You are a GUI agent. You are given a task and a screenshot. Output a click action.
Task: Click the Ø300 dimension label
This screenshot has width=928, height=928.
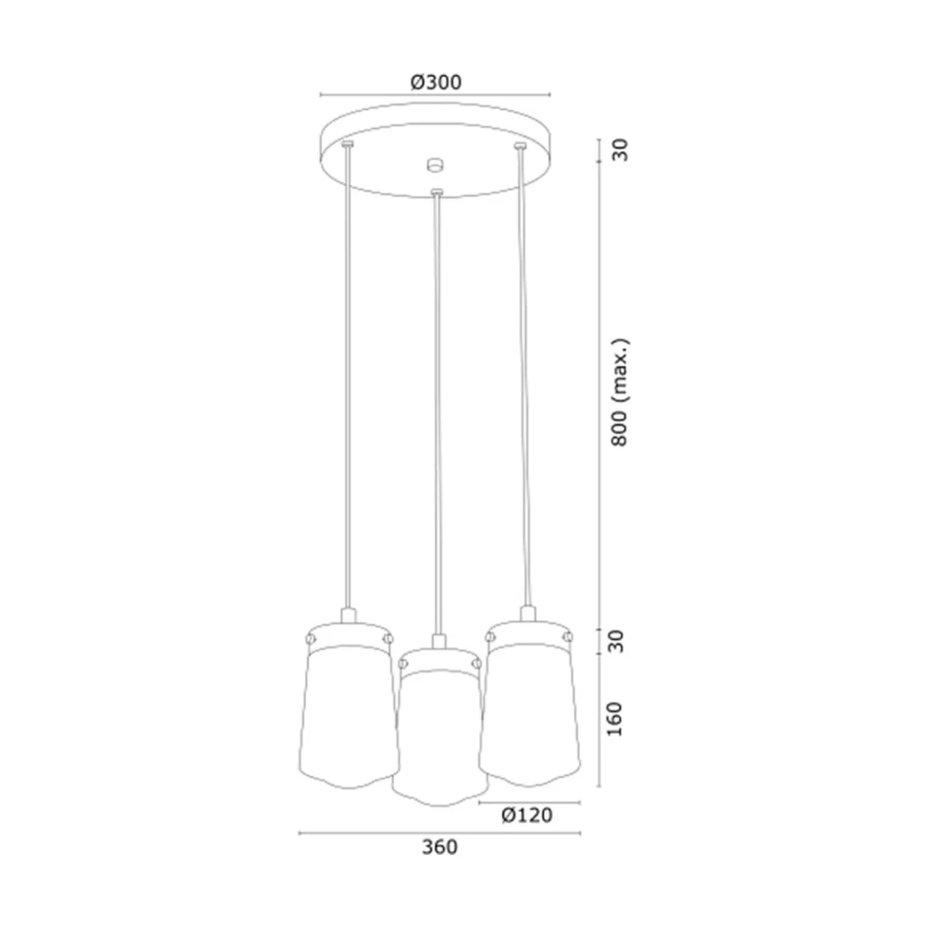[x=436, y=82]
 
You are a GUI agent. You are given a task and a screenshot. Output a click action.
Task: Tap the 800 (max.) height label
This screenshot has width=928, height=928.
[x=620, y=393]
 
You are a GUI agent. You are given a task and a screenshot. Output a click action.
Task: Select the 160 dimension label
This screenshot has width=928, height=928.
[x=615, y=719]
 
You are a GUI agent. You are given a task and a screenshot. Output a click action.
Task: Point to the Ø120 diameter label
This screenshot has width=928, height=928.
[x=527, y=815]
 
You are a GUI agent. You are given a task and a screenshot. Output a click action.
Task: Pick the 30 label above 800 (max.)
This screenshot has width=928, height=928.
[x=621, y=150]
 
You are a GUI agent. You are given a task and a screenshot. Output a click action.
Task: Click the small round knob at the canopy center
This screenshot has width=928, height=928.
[x=435, y=164]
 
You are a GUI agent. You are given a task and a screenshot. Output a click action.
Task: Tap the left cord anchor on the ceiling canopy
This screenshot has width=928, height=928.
[x=347, y=144]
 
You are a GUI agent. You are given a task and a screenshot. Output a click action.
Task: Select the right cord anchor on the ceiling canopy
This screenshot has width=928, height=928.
[x=519, y=145]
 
